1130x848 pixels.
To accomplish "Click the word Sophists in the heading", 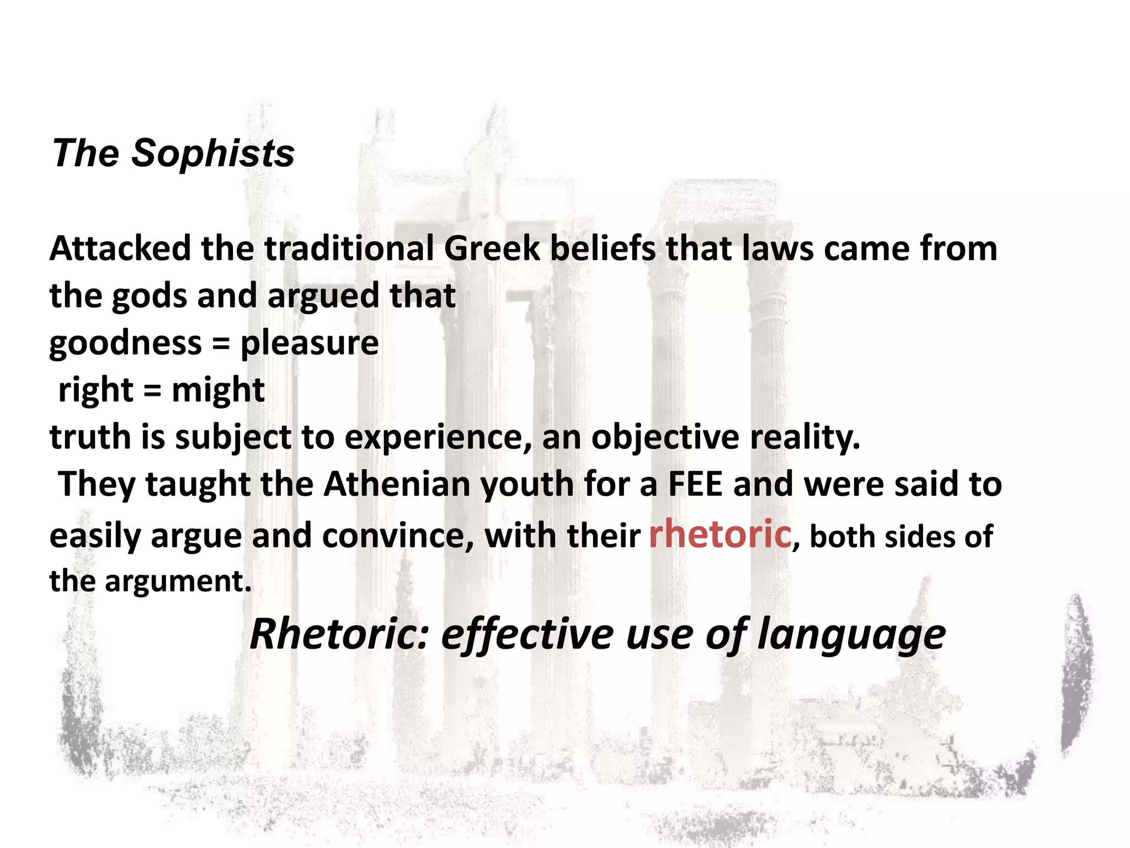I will point(212,153).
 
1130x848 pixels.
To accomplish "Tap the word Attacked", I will point(120,248).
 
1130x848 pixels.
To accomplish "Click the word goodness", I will point(125,343).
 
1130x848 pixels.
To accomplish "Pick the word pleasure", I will point(310,343).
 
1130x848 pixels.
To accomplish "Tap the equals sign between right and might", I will point(152,391).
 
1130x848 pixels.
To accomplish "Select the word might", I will point(218,390).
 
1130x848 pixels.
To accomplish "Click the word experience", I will point(439,437).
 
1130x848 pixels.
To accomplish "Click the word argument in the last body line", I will point(178,581).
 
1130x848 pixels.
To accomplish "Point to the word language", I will point(851,635).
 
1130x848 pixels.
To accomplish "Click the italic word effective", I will point(527,634).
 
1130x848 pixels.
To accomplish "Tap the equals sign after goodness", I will point(221,344).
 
